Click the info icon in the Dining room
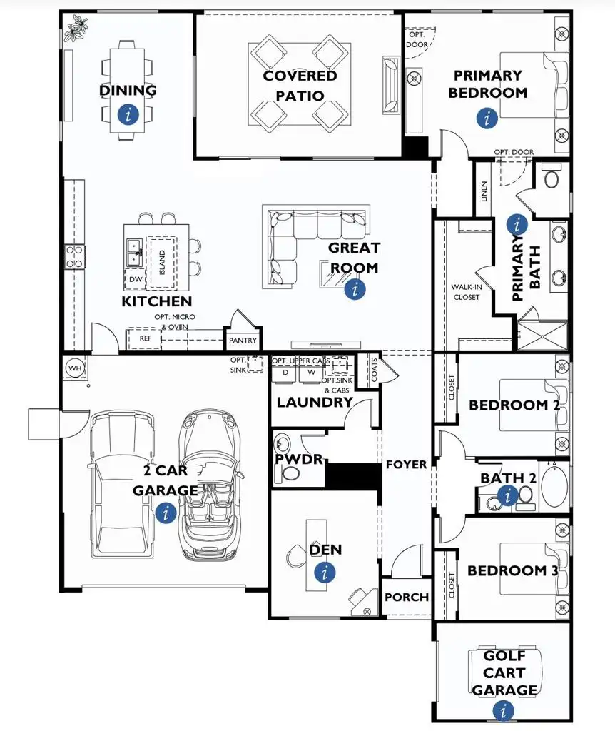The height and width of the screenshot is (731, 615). pyautogui.click(x=128, y=114)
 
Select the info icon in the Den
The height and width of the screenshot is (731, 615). pyautogui.click(x=325, y=572)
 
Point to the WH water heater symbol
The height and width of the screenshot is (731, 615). pyautogui.click(x=74, y=368)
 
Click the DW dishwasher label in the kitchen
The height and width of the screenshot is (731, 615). pyautogui.click(x=136, y=280)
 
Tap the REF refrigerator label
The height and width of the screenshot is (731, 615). pyautogui.click(x=146, y=338)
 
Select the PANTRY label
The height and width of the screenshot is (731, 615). pyautogui.click(x=243, y=341)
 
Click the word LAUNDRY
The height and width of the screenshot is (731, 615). pyautogui.click(x=315, y=403)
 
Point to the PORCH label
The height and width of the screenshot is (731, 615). pyautogui.click(x=407, y=598)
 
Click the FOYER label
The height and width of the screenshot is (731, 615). pyautogui.click(x=406, y=465)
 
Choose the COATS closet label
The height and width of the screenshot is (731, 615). pyautogui.click(x=375, y=370)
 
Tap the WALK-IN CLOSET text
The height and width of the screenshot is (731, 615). pyautogui.click(x=467, y=292)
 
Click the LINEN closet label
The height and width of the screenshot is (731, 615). pyautogui.click(x=484, y=191)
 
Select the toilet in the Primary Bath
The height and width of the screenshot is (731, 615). pyautogui.click(x=552, y=176)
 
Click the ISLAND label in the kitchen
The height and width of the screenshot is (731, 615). pyautogui.click(x=162, y=262)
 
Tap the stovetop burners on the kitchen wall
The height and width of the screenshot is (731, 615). pyautogui.click(x=74, y=257)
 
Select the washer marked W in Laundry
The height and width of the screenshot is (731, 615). pyautogui.click(x=311, y=373)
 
